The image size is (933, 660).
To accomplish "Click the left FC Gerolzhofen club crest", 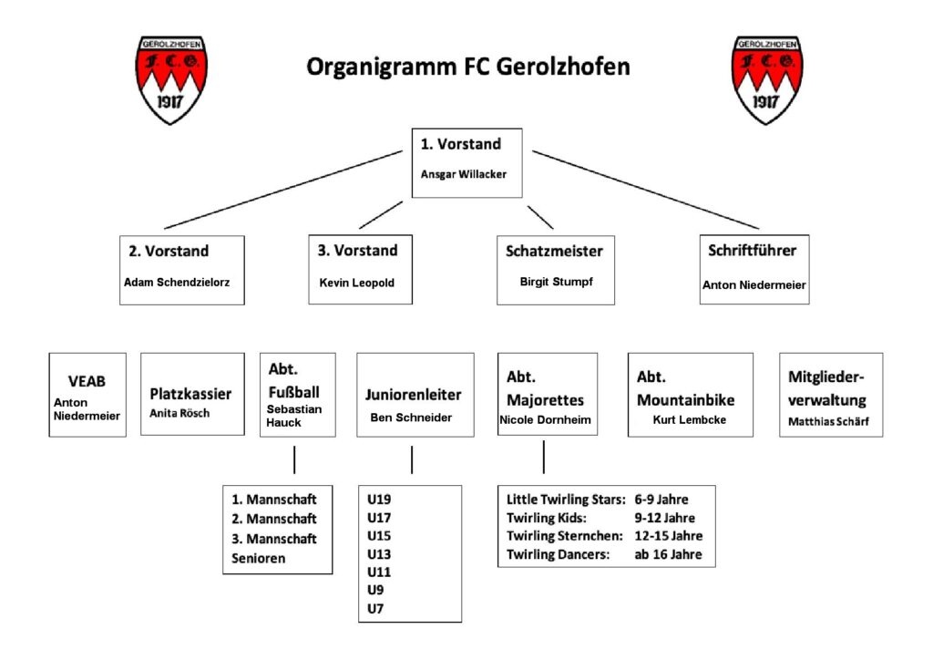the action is pyautogui.click(x=170, y=79).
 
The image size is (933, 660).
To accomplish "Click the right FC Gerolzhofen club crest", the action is pyautogui.click(x=766, y=79).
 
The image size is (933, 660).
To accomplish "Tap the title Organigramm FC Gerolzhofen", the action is pyautogui.click(x=467, y=67).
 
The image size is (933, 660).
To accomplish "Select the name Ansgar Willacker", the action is pyautogui.click(x=464, y=174).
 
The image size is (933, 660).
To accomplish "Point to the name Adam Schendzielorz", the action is pyautogui.click(x=177, y=282).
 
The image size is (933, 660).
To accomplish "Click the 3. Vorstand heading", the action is pyautogui.click(x=357, y=251).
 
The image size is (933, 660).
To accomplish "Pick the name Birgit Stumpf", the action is pyautogui.click(x=557, y=282).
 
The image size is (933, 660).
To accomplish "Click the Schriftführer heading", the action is pyautogui.click(x=752, y=251).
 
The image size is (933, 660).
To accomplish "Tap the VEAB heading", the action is pyautogui.click(x=87, y=381).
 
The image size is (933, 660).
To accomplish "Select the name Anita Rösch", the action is pyautogui.click(x=179, y=413).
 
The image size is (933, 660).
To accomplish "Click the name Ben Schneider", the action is pyautogui.click(x=411, y=418).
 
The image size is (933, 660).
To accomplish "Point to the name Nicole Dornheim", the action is pyautogui.click(x=545, y=419).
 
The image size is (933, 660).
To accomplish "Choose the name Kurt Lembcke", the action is pyautogui.click(x=689, y=419).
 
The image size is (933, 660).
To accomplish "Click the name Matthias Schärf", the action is pyautogui.click(x=828, y=421).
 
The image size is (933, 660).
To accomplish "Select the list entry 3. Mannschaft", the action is pyautogui.click(x=273, y=539).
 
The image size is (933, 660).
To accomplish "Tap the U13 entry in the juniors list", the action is pyautogui.click(x=379, y=554).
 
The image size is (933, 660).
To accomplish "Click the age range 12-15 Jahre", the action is pyautogui.click(x=668, y=536).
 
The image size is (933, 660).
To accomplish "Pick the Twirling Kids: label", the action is pyautogui.click(x=547, y=518).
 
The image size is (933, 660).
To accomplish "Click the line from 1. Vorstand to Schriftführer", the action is pyautogui.click(x=646, y=190).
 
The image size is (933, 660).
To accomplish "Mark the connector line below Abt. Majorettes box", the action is pyautogui.click(x=544, y=457).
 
